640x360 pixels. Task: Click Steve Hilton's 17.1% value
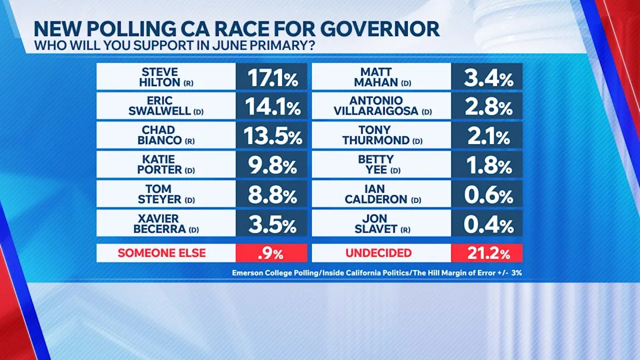click(x=271, y=77)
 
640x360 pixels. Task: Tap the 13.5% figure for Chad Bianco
click(x=271, y=136)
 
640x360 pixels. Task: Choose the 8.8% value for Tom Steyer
click(x=271, y=195)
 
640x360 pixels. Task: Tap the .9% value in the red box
click(x=271, y=253)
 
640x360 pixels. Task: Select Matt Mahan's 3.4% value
click(x=487, y=77)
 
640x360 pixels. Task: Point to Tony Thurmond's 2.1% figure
click(x=487, y=136)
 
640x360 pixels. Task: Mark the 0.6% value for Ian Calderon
click(x=487, y=195)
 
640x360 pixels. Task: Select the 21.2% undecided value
click(x=487, y=253)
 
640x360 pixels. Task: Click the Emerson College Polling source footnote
click(x=377, y=273)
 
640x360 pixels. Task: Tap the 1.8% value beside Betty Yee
click(x=487, y=165)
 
